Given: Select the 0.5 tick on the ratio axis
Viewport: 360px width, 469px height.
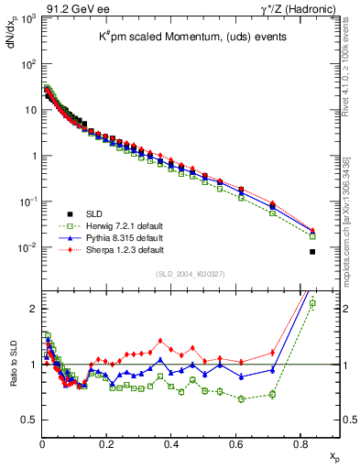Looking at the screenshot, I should point(30,420).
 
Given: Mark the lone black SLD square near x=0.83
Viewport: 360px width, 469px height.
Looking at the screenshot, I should point(312,252).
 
